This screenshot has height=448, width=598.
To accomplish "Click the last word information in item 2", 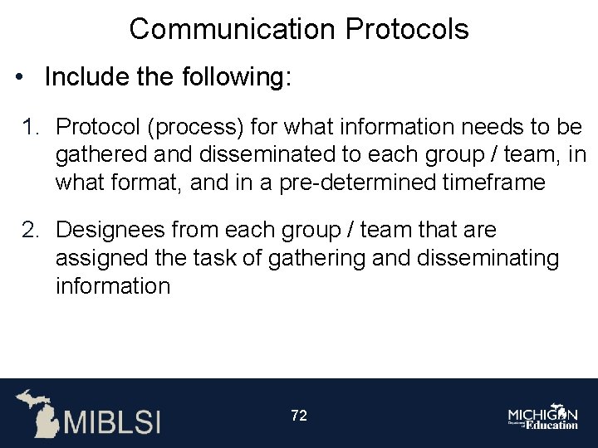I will pyautogui.click(x=112, y=286).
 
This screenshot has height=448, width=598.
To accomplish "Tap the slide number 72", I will pyautogui.click(x=299, y=416).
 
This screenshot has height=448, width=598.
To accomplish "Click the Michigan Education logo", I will pyautogui.click(x=543, y=417).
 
